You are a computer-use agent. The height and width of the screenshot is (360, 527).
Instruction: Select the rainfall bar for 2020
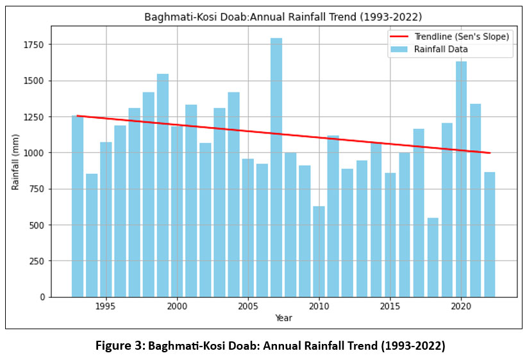[461, 179]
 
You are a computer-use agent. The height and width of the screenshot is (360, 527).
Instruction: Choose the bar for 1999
[163, 185]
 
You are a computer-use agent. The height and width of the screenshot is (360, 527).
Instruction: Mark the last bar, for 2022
[489, 234]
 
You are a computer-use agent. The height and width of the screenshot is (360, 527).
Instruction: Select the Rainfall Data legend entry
[441, 49]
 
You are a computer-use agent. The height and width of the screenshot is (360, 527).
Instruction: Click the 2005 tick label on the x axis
[248, 306]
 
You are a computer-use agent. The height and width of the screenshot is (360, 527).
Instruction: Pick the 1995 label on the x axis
[106, 306]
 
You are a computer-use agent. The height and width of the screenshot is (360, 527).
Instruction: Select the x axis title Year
[283, 318]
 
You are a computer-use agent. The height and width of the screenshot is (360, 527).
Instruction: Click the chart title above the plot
[283, 17]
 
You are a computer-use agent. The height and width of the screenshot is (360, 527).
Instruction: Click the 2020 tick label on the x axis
[461, 306]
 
